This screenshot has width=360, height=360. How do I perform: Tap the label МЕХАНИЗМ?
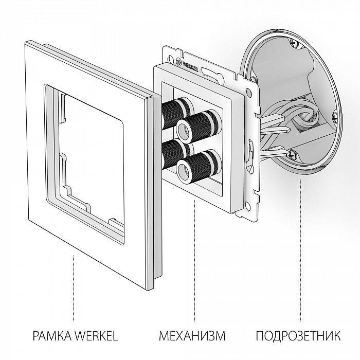tap(192, 336)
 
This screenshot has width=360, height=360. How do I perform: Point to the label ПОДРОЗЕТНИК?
tap(298, 336)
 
